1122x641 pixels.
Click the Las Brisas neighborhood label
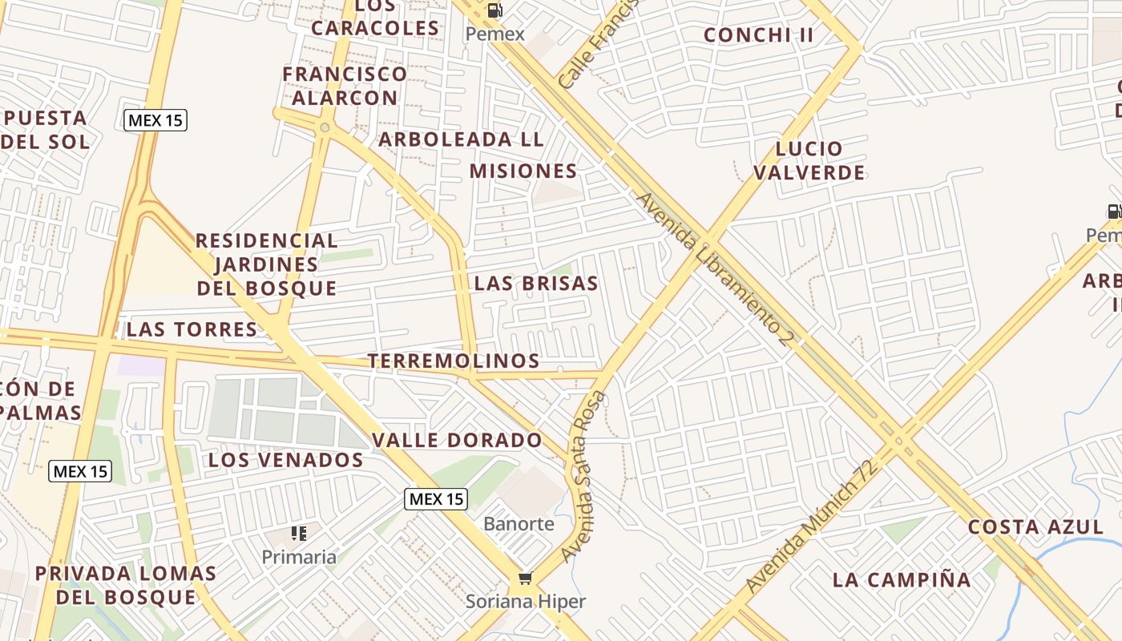click(x=536, y=284)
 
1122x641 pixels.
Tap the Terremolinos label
click(x=454, y=361)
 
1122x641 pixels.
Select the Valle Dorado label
click(x=457, y=440)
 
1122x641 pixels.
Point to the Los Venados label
click(x=286, y=460)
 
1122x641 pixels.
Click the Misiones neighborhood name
click(x=523, y=171)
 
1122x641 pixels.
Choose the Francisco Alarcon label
click(x=345, y=86)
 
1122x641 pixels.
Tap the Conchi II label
click(x=758, y=35)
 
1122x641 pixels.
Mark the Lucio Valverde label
click(x=809, y=160)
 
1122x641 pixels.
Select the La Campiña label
click(x=902, y=579)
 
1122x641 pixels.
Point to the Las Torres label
click(x=192, y=329)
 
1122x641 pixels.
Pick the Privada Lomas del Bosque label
click(x=126, y=585)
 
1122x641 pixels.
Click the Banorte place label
click(x=519, y=524)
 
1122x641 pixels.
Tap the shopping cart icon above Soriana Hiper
click(x=525, y=579)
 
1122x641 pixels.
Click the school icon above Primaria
click(x=299, y=534)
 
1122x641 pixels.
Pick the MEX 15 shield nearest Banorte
click(x=435, y=499)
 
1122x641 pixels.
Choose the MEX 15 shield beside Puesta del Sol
click(x=155, y=121)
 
